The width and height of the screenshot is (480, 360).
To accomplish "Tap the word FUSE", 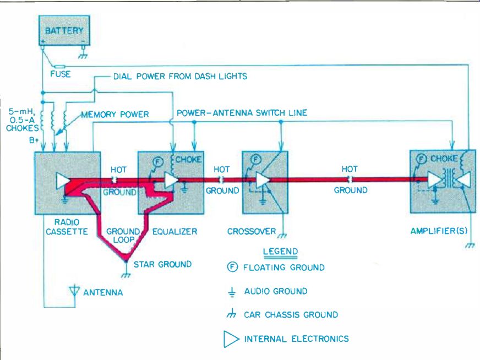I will (60, 74).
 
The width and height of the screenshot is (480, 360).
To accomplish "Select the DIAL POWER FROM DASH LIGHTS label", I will (180, 77).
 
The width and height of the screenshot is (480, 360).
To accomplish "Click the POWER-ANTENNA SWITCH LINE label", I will (242, 113).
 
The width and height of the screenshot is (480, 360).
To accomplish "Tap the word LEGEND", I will (280, 252).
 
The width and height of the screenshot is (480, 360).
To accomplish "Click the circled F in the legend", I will (232, 268).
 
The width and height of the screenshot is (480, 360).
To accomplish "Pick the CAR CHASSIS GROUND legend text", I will (291, 315).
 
